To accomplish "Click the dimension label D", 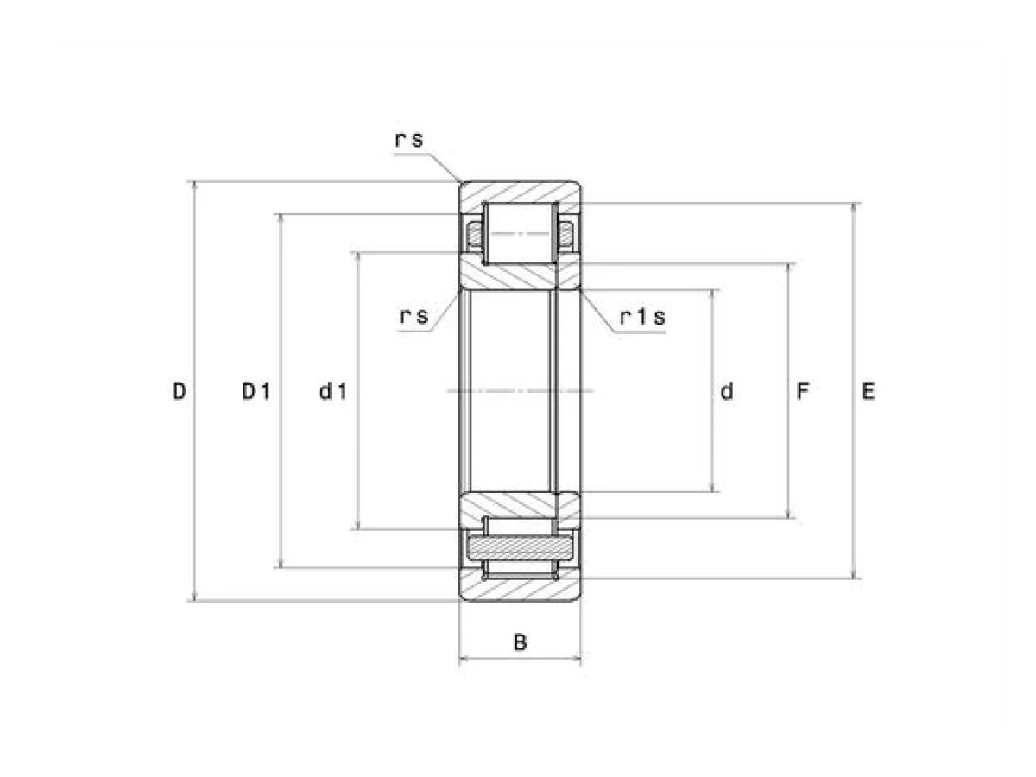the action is click(179, 391).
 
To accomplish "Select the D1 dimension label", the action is click(256, 391).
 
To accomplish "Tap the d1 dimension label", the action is click(333, 391).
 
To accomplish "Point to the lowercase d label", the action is click(727, 391).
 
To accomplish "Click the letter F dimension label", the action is click(803, 391).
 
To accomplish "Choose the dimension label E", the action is click(869, 391).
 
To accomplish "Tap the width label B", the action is click(520, 642).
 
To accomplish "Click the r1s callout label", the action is click(642, 317).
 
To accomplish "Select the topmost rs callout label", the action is click(410, 140).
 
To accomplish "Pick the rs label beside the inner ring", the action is click(414, 316).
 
